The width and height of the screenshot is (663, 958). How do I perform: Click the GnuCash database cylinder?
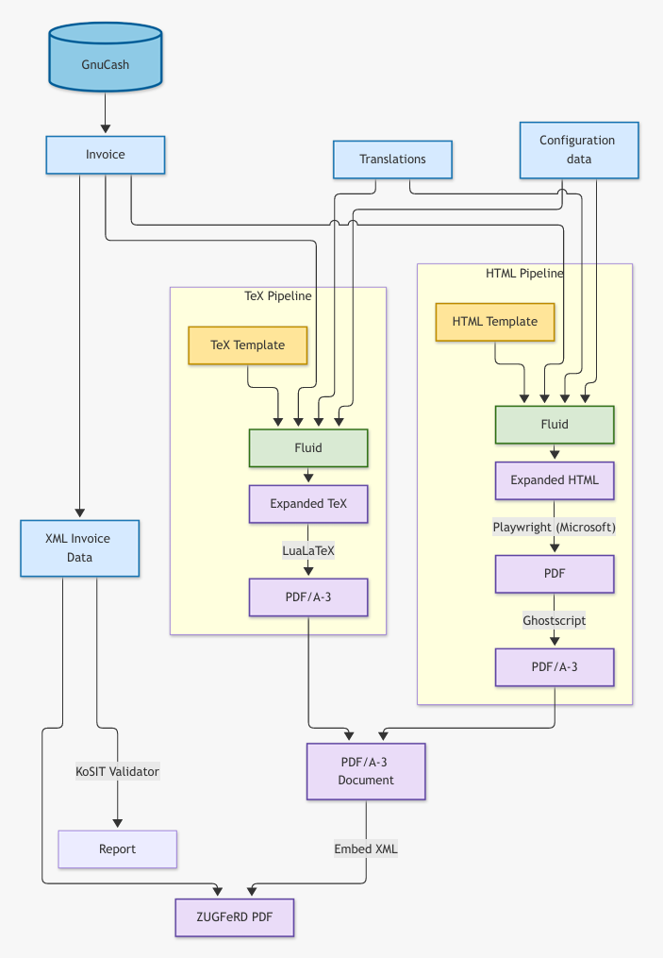click(105, 58)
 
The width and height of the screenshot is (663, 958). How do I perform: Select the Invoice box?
click(105, 155)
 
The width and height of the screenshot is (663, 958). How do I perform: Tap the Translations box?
click(392, 160)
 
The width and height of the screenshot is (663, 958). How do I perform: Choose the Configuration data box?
click(579, 150)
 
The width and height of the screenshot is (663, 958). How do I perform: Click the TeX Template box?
click(247, 345)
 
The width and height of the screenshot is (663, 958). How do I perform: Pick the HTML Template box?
click(494, 322)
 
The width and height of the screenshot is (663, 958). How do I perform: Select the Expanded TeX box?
click(308, 504)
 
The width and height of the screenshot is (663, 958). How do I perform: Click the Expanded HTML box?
click(555, 480)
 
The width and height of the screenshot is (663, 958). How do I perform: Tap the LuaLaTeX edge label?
click(308, 550)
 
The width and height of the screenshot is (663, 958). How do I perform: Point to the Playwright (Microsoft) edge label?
click(555, 528)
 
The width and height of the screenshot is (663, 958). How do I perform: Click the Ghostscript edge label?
click(555, 621)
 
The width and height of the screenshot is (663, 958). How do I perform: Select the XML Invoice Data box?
click(79, 548)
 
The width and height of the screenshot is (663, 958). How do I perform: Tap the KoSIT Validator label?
click(117, 772)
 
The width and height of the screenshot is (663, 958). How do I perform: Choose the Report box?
click(117, 849)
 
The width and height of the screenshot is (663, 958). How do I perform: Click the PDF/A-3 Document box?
click(366, 772)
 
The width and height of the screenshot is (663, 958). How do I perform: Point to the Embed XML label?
click(366, 849)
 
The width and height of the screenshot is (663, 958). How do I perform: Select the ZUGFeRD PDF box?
click(235, 917)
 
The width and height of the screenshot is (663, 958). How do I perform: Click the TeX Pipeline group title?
click(278, 296)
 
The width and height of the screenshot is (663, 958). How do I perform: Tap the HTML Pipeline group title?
click(524, 273)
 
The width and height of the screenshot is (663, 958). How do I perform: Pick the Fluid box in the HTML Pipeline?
click(555, 425)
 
